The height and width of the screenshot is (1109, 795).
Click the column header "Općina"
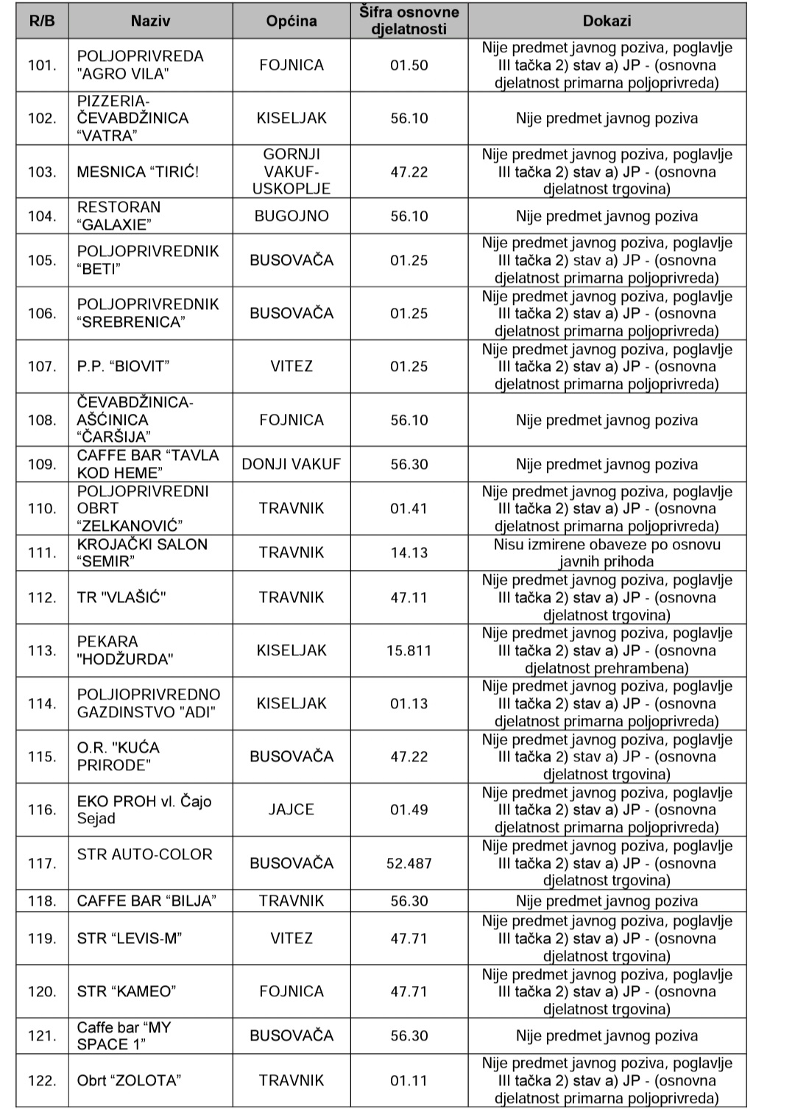(291, 21)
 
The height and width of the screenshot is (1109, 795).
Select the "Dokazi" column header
(607, 21)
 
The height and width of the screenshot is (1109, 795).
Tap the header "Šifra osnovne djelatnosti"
(409, 21)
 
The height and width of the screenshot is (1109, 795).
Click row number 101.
(42, 66)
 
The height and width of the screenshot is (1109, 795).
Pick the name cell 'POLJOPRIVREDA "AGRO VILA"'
(140, 66)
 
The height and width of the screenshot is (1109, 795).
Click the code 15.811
(409, 651)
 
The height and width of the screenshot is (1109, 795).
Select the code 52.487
(409, 863)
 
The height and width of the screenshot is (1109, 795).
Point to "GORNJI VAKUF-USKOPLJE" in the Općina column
(291, 172)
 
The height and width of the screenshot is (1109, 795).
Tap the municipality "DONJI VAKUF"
(291, 465)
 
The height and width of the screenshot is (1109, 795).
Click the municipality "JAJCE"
(291, 810)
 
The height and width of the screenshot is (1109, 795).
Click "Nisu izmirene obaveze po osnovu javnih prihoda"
(607, 553)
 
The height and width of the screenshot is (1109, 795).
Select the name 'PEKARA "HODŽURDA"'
(124, 651)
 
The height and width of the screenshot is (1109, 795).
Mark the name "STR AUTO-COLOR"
(144, 855)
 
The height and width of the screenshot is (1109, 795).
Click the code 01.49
(409, 810)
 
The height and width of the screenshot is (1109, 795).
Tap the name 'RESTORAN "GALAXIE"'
(119, 216)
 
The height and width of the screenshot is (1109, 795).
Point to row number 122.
(42, 1081)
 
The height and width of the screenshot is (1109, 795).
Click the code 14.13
(409, 553)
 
